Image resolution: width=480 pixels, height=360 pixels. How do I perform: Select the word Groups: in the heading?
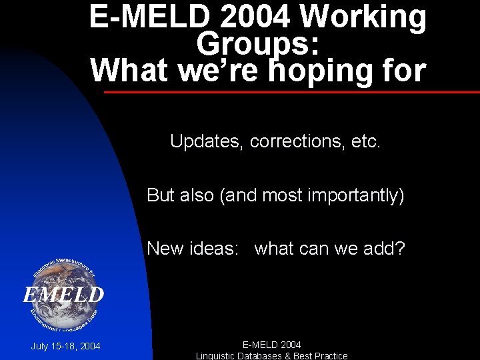point(258,44)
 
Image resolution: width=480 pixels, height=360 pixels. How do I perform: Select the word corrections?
point(296,141)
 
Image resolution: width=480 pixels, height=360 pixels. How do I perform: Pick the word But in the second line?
point(161,195)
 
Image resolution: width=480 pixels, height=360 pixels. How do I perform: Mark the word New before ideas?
point(165,249)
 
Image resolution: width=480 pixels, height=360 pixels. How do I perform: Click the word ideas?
point(215,249)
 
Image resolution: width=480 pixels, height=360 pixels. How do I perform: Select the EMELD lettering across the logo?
point(63,295)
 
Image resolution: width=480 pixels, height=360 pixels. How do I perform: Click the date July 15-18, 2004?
point(66,346)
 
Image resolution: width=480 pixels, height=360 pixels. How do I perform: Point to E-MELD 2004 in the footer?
point(271,345)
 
